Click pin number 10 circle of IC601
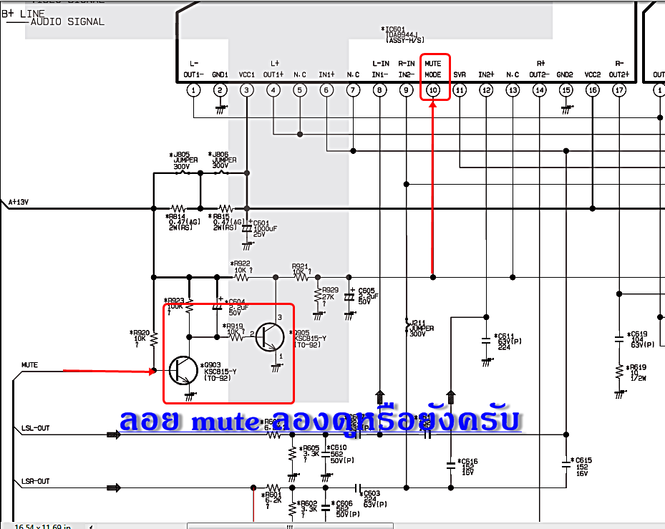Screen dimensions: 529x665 [x=432, y=90]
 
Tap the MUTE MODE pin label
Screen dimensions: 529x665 [x=432, y=69]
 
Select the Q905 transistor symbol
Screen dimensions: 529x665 [x=269, y=336]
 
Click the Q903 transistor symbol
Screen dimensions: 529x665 [x=184, y=370]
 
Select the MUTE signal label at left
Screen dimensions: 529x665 [x=29, y=365]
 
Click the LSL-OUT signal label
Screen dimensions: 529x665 [x=36, y=428]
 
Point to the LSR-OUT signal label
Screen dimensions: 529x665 [x=36, y=481]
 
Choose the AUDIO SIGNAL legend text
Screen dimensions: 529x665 [x=67, y=21]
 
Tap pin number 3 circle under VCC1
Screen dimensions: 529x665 [x=246, y=90]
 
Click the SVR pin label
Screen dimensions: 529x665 [x=460, y=74]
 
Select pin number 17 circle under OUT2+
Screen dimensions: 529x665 [x=619, y=90]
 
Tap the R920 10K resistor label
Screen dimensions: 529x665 [x=140, y=337]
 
